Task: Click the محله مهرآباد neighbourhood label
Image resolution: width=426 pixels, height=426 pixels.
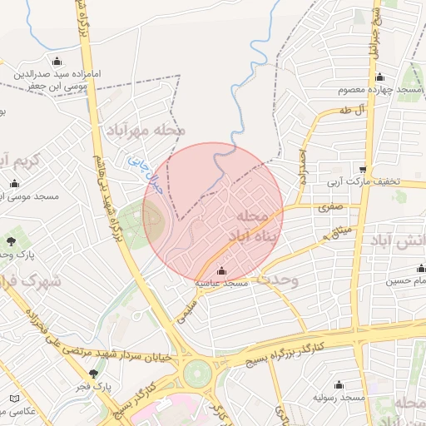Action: [145, 131]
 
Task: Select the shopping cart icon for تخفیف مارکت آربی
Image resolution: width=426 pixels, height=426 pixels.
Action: [363, 168]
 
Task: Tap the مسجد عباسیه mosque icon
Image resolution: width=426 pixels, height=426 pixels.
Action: [221, 271]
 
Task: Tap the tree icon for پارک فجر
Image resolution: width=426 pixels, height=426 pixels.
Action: [94, 374]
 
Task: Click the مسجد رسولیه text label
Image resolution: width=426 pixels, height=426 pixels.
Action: [339, 398]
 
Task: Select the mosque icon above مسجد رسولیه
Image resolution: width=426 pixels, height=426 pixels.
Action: [339, 384]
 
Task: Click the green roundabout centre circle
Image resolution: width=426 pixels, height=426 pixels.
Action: [198, 372]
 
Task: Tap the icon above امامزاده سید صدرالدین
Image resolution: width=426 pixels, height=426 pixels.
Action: [57, 61]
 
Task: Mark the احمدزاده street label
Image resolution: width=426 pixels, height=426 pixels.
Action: [305, 167]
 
